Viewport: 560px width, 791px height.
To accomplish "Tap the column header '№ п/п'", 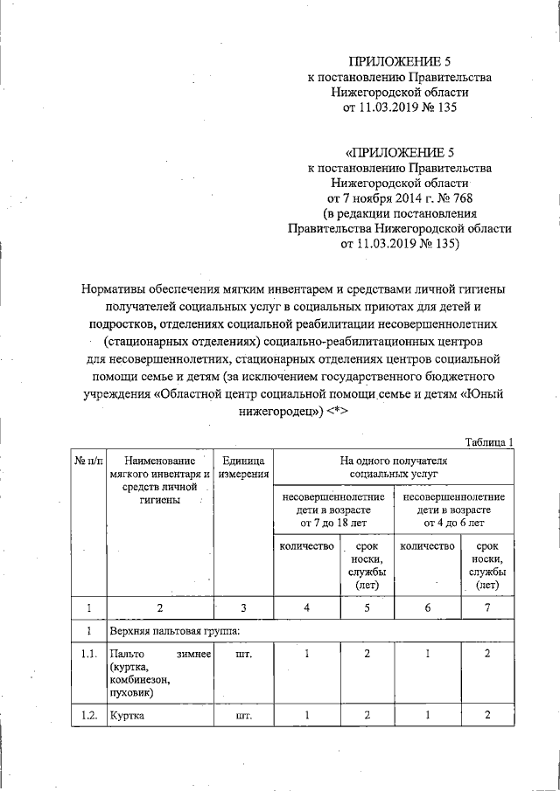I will tap(88, 459).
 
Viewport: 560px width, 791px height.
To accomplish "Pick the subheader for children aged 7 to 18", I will tap(334, 509).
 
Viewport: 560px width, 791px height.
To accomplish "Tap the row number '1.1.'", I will tap(88, 654).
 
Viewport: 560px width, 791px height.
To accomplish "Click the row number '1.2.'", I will tap(88, 716).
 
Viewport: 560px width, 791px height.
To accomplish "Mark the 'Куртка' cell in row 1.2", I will tap(126, 716).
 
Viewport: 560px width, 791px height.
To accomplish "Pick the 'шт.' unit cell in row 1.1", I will tap(244, 654).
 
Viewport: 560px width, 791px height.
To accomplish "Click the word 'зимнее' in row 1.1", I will tap(193, 654).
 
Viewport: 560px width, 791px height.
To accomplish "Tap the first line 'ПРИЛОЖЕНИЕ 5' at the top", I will tap(399, 60).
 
